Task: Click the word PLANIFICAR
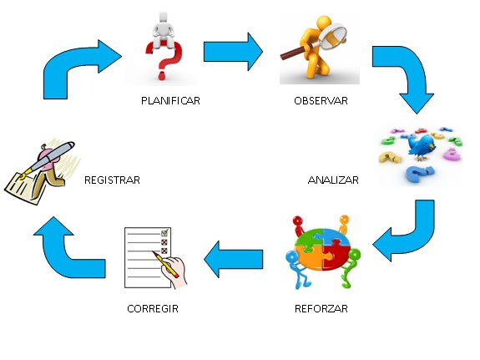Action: pyautogui.click(x=170, y=101)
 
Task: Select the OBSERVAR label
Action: pyautogui.click(x=321, y=101)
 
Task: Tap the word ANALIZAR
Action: pyautogui.click(x=333, y=180)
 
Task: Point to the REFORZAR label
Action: pyautogui.click(x=321, y=308)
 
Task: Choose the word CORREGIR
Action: pyautogui.click(x=153, y=308)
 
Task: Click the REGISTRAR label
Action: pyautogui.click(x=112, y=180)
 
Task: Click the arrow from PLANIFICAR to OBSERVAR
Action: pyautogui.click(x=233, y=52)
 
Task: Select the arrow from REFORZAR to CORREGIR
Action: pyautogui.click(x=233, y=260)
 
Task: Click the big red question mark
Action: pyautogui.click(x=165, y=60)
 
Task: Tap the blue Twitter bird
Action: pyautogui.click(x=422, y=145)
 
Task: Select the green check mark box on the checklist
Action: pyautogui.click(x=165, y=233)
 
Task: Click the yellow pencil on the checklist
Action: pyautogui.click(x=165, y=264)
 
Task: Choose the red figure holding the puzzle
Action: pyautogui.click(x=299, y=226)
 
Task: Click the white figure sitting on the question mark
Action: pyautogui.click(x=164, y=31)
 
